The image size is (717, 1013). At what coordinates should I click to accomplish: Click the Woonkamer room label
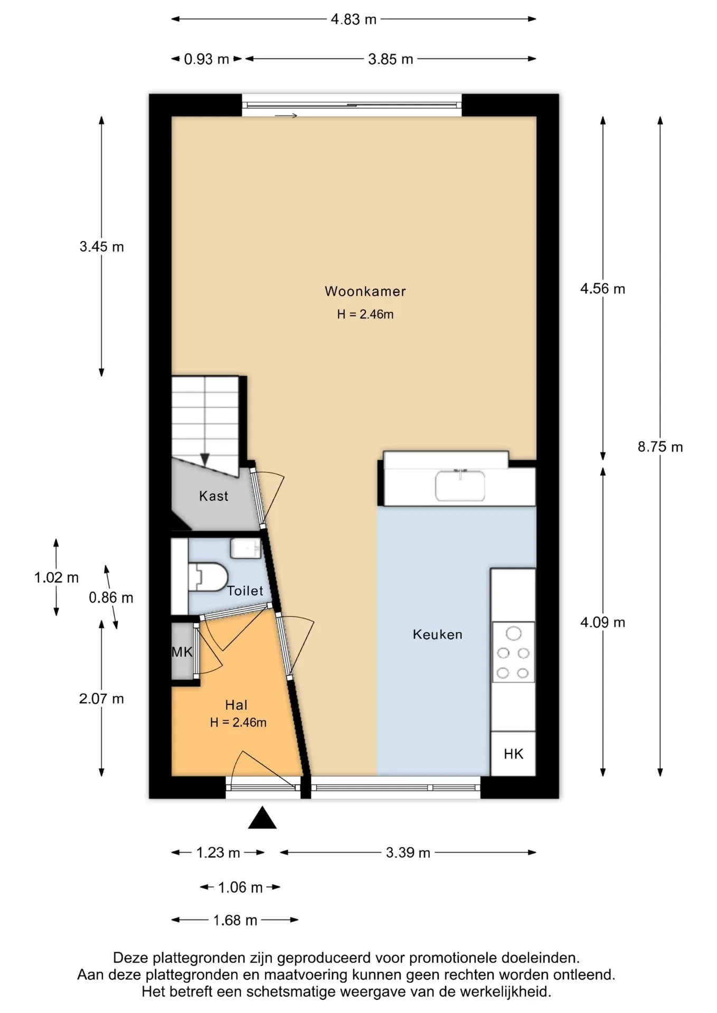tap(365, 291)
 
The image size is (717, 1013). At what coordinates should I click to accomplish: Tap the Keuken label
tap(437, 634)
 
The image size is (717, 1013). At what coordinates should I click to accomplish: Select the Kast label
tap(213, 496)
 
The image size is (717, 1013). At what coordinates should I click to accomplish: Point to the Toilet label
tap(245, 591)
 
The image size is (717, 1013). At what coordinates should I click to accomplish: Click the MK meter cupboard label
tap(182, 652)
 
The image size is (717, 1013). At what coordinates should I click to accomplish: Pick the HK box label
tap(513, 754)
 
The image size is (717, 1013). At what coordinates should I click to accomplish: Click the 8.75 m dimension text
tap(660, 447)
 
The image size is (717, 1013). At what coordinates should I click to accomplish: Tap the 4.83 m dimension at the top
tap(353, 20)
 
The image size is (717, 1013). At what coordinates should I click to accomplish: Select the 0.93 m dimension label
tap(206, 59)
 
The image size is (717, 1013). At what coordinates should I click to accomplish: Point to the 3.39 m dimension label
tap(408, 853)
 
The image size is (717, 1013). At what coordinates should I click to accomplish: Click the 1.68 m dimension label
tap(235, 920)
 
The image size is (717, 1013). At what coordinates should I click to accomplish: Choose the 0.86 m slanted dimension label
tap(111, 598)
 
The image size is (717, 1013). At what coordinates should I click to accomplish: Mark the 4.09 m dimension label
tap(602, 623)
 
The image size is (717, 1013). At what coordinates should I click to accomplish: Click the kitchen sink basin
tap(460, 486)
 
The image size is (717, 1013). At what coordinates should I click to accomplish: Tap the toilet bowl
tap(208, 577)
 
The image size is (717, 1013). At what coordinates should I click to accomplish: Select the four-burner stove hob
tap(513, 652)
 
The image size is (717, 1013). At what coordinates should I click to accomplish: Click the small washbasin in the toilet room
tap(246, 549)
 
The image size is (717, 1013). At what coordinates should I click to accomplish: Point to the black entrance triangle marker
tap(262, 817)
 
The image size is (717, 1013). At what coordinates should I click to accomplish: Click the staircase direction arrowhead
tap(205, 460)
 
